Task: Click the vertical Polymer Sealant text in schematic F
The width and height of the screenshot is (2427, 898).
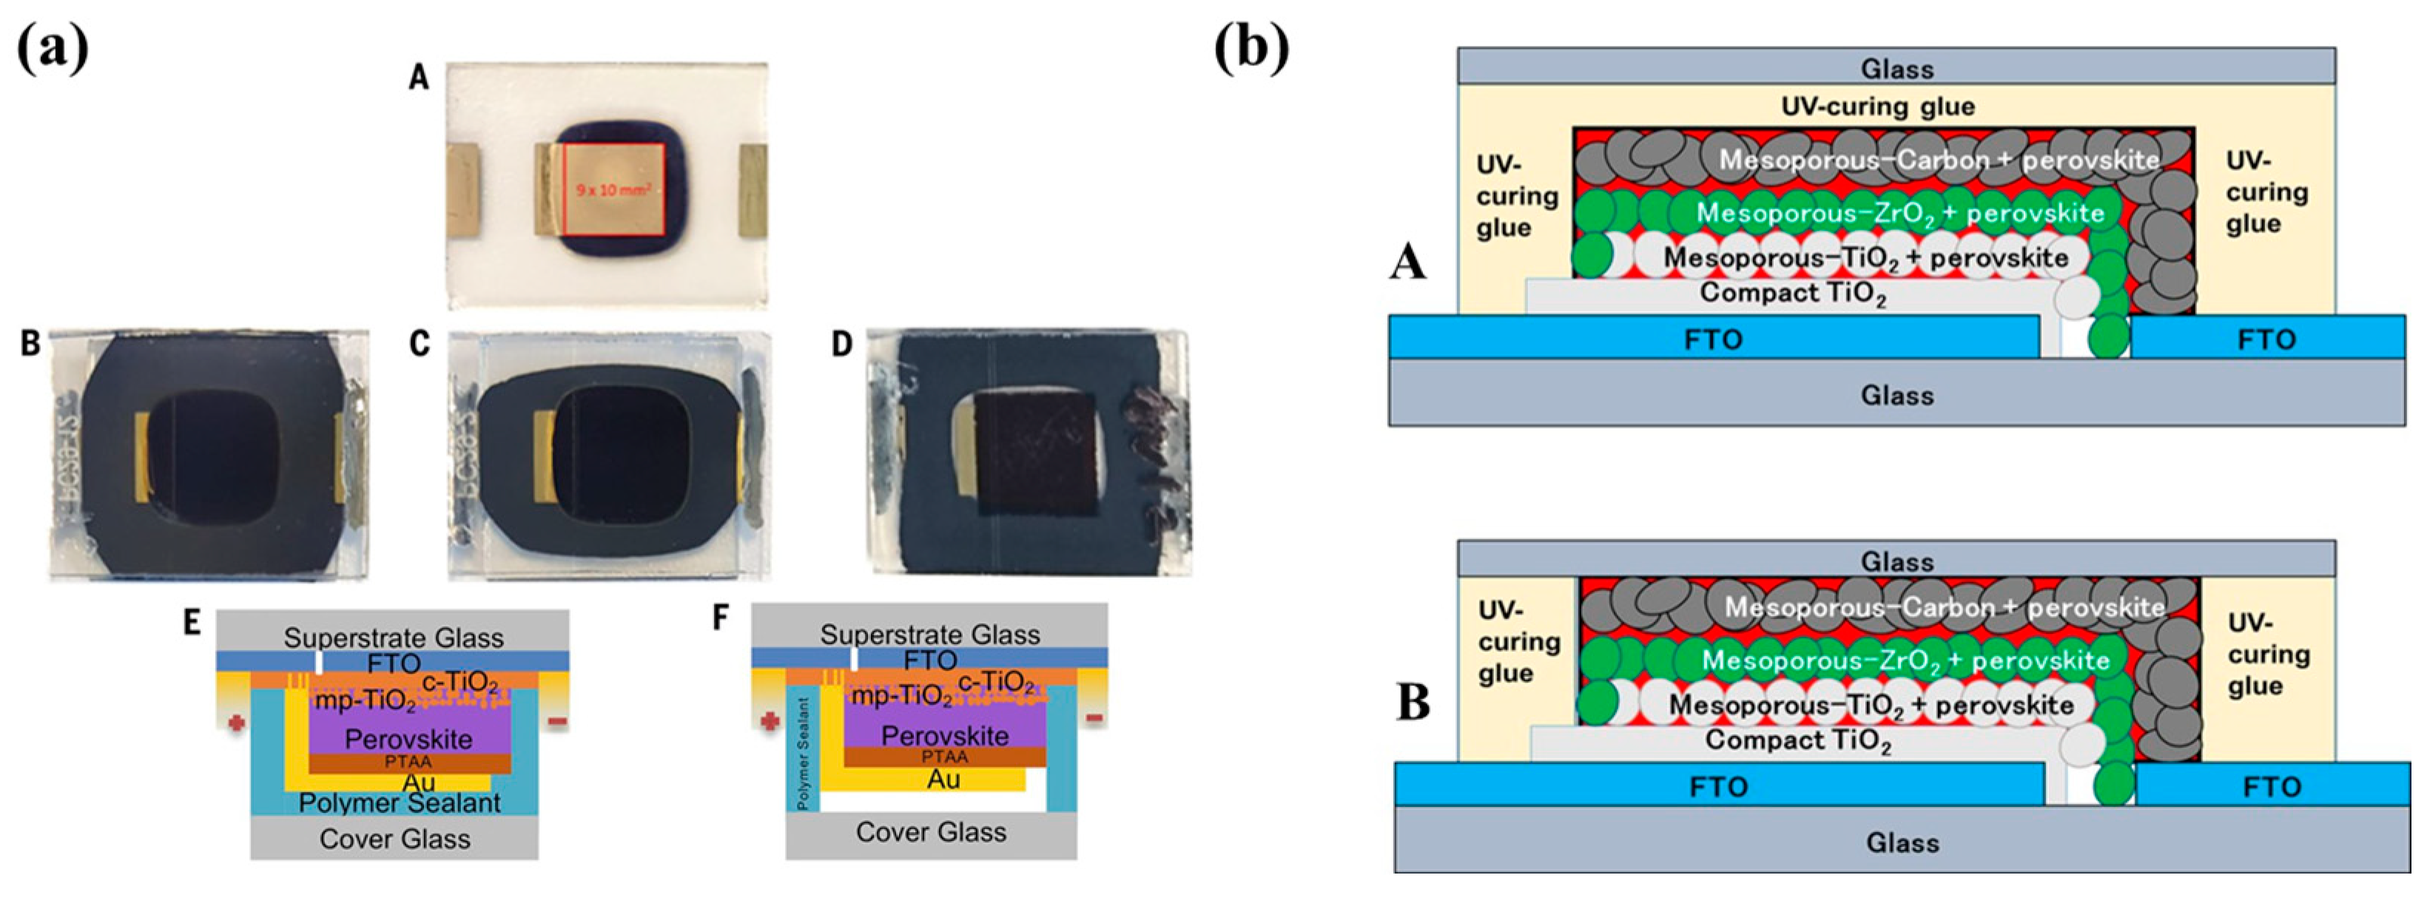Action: pos(804,753)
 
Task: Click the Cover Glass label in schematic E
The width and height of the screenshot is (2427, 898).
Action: pos(395,839)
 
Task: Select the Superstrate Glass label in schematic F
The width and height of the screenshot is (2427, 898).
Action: pos(930,634)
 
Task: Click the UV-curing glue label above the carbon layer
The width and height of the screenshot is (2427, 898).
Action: pos(1878,107)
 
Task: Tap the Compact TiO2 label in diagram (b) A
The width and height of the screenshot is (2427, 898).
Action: pos(1792,293)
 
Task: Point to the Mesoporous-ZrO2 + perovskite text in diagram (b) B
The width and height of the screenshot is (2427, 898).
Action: pos(1905,661)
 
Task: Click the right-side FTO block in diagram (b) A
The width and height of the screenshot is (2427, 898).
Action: pos(2266,340)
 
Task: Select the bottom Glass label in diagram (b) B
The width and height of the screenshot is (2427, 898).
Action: pos(1902,842)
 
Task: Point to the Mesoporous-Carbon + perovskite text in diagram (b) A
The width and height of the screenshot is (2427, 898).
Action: pos(1939,161)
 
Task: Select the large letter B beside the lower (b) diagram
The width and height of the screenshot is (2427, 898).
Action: pos(1413,703)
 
